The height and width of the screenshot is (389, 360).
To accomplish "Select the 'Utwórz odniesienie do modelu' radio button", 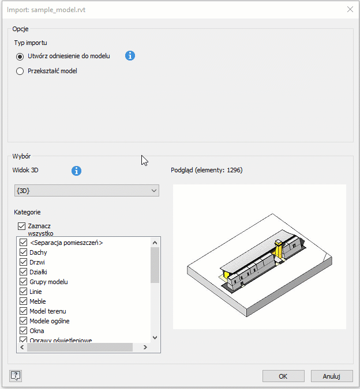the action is click(20, 56).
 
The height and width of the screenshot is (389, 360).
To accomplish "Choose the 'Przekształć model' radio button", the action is click(20, 71).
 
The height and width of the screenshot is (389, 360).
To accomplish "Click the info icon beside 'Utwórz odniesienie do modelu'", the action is click(130, 55).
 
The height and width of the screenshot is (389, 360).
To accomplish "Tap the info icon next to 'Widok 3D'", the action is click(76, 171).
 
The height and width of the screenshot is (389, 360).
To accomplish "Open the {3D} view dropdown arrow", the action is click(154, 191).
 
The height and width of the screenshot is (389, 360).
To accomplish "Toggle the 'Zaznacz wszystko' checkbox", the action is click(21, 226).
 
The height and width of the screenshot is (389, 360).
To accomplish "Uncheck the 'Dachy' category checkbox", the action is click(23, 252).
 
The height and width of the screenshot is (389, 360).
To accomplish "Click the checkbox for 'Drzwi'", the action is click(23, 262).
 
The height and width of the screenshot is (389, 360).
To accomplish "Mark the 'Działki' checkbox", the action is click(23, 272).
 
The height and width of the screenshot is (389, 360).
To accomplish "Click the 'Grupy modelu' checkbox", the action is click(23, 282).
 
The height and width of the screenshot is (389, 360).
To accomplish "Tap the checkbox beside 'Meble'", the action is click(23, 301).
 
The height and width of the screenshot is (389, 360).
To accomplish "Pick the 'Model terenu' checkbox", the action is click(23, 311).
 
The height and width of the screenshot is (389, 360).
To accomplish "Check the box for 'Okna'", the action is click(23, 331).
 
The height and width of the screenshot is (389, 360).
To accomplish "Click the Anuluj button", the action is click(332, 376).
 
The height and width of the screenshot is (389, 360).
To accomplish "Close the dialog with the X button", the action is click(350, 9).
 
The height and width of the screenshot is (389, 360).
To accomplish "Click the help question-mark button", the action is click(16, 376).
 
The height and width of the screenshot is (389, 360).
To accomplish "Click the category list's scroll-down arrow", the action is click(155, 338).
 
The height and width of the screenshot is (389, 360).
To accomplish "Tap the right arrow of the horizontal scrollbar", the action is click(145, 348).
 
